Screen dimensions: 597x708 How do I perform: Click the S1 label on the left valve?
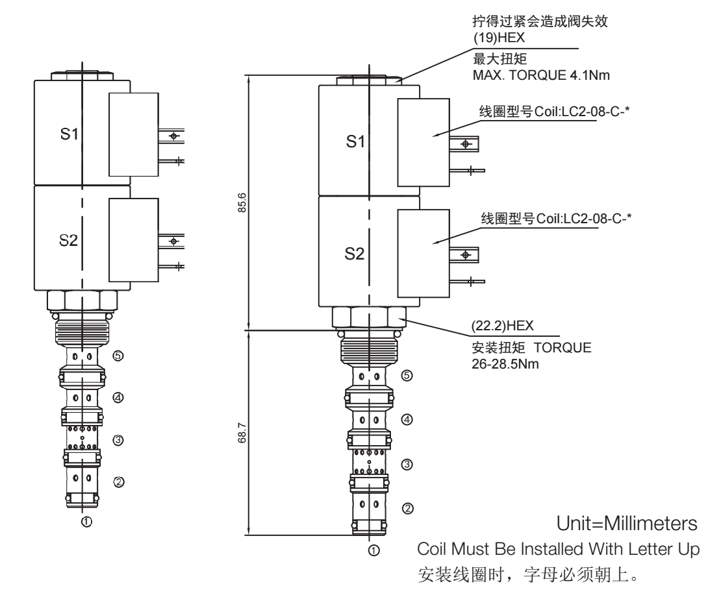69,137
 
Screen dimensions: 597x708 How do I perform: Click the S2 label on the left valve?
69,241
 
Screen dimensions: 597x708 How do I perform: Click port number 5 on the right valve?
406,375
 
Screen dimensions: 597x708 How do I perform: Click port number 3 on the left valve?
118,439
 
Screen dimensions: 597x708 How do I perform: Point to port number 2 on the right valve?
407,507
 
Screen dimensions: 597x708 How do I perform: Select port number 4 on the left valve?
118,397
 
